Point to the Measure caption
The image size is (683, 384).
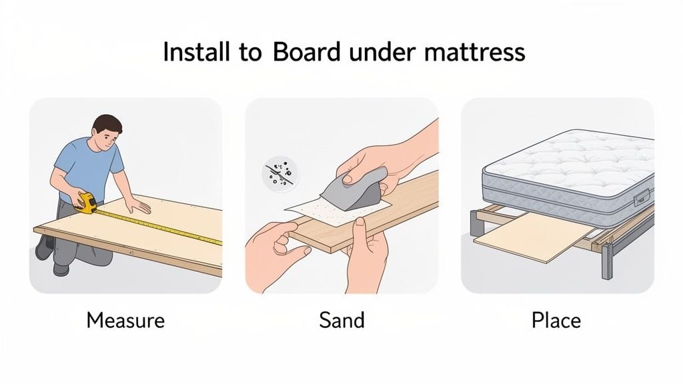[125, 320]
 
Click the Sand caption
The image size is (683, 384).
[341, 320]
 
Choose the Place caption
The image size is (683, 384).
[556, 320]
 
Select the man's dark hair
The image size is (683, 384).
[107, 123]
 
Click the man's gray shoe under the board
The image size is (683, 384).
[45, 247]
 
